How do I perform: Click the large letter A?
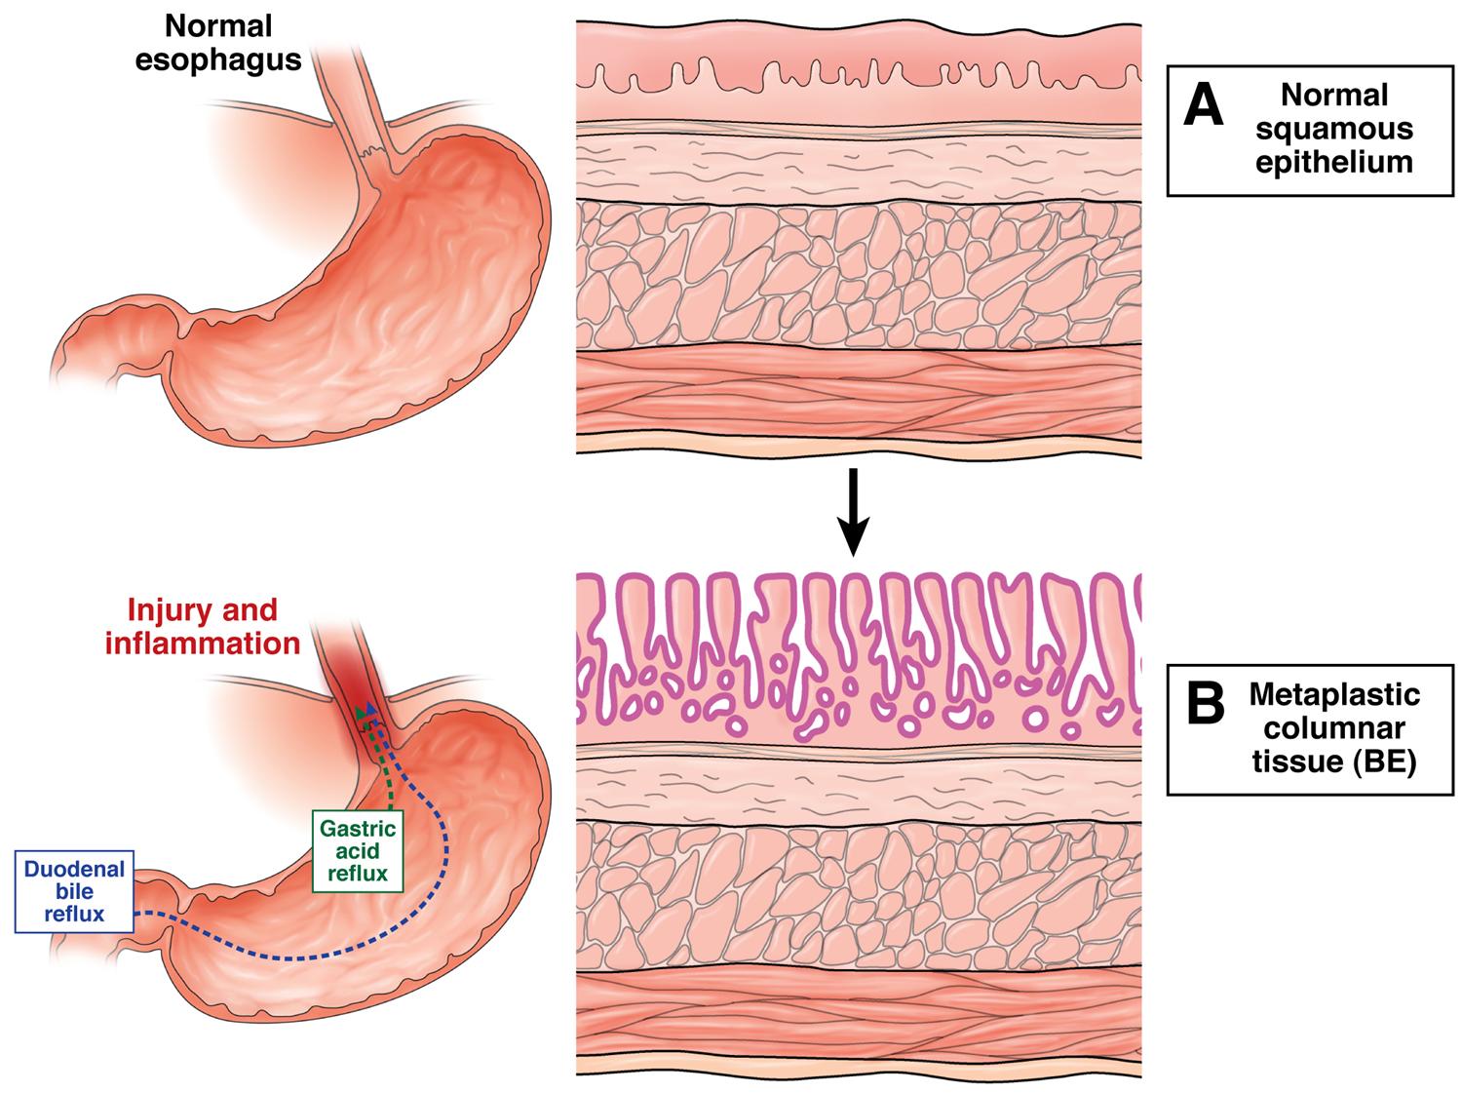pyautogui.click(x=1203, y=105)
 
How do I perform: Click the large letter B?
pyautogui.click(x=1205, y=703)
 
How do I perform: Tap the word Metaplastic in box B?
pyautogui.click(x=1334, y=694)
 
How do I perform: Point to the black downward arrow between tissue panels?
pyautogui.click(x=852, y=512)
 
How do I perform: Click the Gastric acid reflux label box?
pyautogui.click(x=358, y=850)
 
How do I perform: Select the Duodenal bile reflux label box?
pyautogui.click(x=74, y=891)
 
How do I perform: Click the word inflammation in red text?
pyautogui.click(x=203, y=644)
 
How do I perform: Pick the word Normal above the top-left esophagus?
pyautogui.click(x=217, y=26)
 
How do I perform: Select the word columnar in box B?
pyautogui.click(x=1334, y=728)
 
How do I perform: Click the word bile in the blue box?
pyautogui.click(x=74, y=891)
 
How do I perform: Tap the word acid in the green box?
pyautogui.click(x=358, y=850)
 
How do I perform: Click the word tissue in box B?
pyautogui.click(x=1296, y=761)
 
